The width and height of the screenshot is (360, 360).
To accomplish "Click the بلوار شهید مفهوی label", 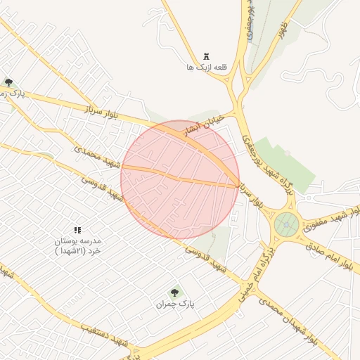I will point(330,208).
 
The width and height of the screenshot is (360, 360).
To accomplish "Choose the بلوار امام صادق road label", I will point(333,255).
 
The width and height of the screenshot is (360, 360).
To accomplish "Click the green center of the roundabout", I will point(286,225).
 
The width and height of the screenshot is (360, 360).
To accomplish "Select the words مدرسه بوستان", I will point(78,240).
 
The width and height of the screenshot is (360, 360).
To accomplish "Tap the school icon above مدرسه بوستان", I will point(78,230).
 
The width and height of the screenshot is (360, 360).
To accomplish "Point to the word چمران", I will point(164,304).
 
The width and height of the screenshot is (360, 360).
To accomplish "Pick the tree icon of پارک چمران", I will point(174,292).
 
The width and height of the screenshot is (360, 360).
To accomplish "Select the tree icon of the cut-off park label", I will point(8,82).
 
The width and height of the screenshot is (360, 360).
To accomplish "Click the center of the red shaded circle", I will point(180,179).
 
